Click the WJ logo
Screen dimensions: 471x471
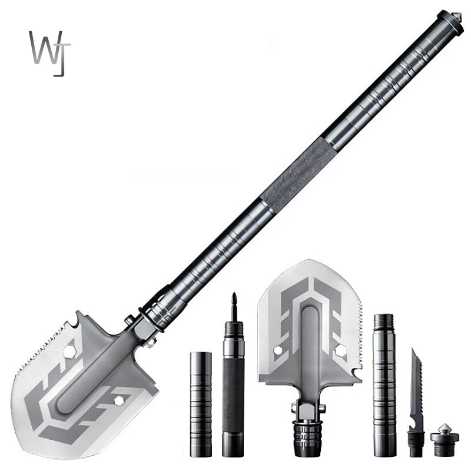pos(49,53)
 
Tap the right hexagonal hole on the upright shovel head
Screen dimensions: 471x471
pos(340,352)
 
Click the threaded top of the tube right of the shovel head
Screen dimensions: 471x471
pos(384,323)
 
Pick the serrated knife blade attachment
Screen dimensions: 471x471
pos(416,383)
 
